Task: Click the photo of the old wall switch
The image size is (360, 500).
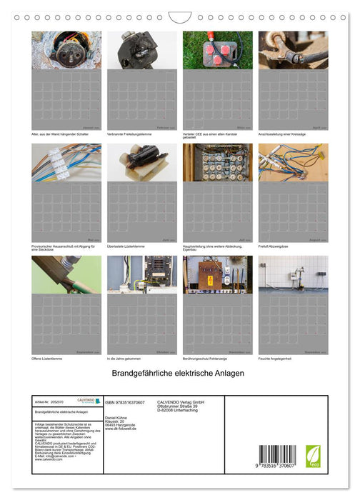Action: [66, 50]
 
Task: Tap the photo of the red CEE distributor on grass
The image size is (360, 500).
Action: [217, 50]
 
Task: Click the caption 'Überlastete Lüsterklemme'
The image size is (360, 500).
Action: [127, 246]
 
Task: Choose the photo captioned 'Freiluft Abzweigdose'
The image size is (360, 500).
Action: [294, 162]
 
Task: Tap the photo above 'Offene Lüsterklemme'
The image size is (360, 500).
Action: [66, 275]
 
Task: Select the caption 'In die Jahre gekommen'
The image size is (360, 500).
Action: [125, 358]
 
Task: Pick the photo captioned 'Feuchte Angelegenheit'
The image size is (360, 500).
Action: [294, 275]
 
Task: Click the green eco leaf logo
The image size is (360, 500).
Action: [313, 456]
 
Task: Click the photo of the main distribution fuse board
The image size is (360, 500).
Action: [217, 162]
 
